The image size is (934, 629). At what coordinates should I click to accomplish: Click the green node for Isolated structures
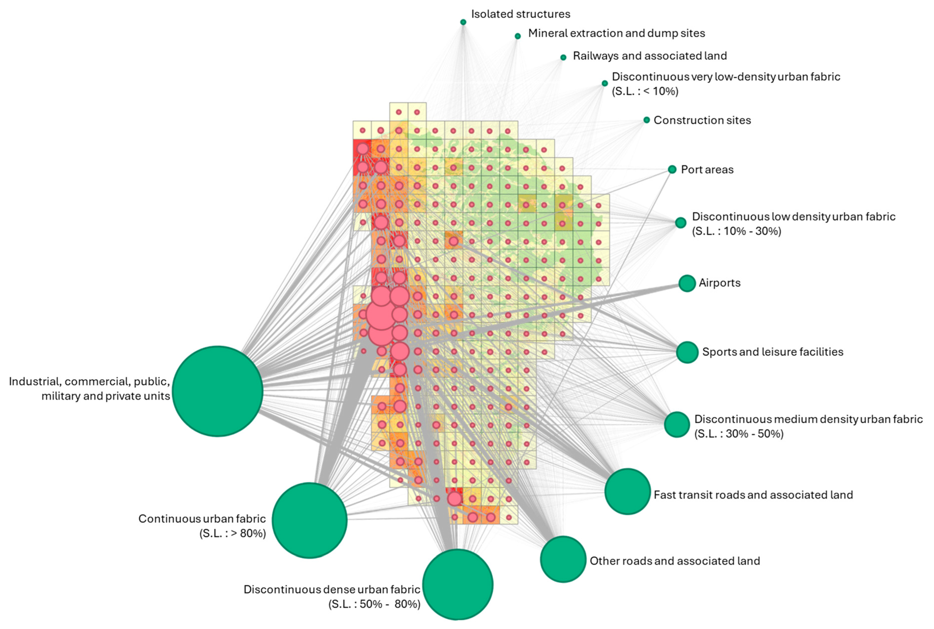[x=463, y=22]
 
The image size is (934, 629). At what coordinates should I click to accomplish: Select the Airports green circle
[x=687, y=283]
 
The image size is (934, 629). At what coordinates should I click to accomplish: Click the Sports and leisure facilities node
[x=687, y=352]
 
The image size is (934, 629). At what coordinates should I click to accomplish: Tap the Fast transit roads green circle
[x=627, y=491]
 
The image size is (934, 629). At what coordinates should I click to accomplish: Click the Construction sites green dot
[x=647, y=120]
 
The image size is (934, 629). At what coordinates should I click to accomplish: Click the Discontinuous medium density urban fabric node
[x=677, y=424]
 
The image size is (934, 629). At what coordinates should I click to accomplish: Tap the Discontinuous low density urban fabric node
[x=681, y=223]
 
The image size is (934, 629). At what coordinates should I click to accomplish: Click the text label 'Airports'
[x=719, y=283]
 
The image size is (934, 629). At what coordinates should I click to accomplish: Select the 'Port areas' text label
[x=707, y=170]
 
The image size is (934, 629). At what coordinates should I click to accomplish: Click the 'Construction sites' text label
[x=702, y=120]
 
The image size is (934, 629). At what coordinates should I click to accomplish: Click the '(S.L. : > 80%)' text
[x=233, y=533]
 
